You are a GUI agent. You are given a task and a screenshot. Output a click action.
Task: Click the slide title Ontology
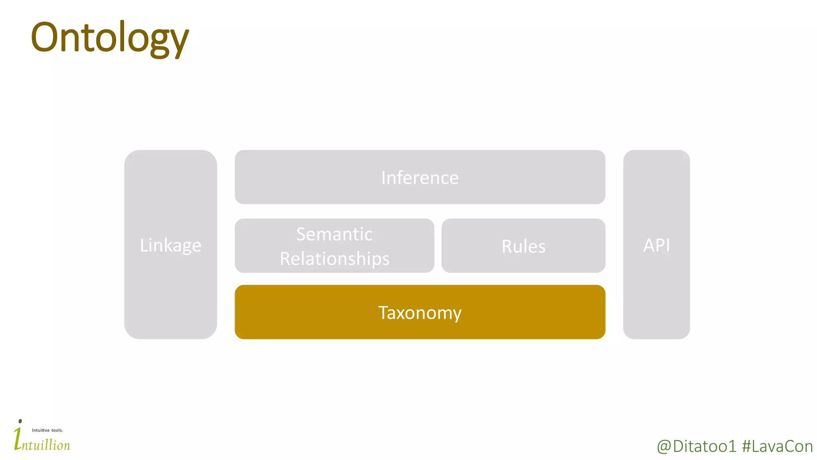[109, 38]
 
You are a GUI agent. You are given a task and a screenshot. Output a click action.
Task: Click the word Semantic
[334, 234]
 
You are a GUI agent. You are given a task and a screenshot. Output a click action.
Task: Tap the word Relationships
[334, 259]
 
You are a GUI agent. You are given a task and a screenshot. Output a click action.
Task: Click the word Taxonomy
[420, 313]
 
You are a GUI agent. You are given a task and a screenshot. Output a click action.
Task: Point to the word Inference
[420, 178]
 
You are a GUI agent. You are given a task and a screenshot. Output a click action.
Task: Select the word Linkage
[170, 245]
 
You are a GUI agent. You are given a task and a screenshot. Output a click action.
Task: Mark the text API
[656, 245]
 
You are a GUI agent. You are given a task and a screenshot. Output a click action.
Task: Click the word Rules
[523, 246]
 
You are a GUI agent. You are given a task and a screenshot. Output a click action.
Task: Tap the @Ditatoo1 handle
[696, 446]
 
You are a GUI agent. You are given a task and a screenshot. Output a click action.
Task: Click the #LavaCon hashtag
[777, 446]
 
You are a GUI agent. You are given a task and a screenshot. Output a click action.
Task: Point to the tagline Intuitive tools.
[47, 430]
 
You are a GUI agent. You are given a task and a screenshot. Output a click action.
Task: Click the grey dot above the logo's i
[20, 421]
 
